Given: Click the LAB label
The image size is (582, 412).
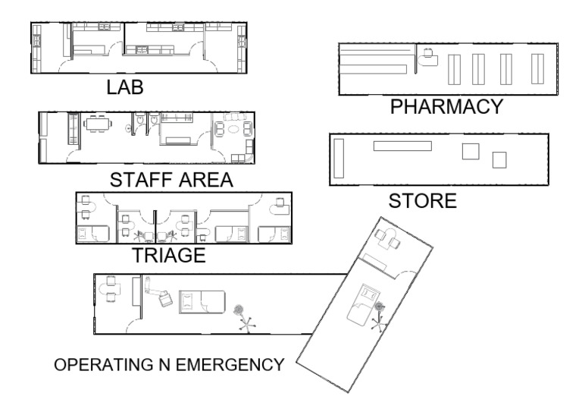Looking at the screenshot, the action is [125, 87].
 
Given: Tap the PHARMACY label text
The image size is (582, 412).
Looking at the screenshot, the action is [446, 107].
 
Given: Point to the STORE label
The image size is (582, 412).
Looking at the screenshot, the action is [422, 201].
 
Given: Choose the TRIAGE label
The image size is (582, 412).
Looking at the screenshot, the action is [169, 255].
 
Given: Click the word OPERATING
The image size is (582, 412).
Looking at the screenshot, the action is [104, 364].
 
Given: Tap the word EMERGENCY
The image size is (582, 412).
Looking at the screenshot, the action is [230, 364].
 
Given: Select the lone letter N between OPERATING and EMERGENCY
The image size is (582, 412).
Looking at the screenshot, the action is [164, 364].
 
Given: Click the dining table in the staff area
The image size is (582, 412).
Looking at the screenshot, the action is [98, 124].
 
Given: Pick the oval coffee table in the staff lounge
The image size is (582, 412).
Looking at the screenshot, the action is [234, 129].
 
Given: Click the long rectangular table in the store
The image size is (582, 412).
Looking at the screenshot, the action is [402, 146].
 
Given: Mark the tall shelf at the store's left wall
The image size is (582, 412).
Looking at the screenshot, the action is [339, 159].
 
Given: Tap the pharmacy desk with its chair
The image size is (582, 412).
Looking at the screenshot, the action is [427, 58].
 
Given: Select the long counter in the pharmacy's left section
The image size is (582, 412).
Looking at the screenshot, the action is [374, 69].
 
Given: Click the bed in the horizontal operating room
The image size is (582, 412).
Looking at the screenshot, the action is [202, 302].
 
